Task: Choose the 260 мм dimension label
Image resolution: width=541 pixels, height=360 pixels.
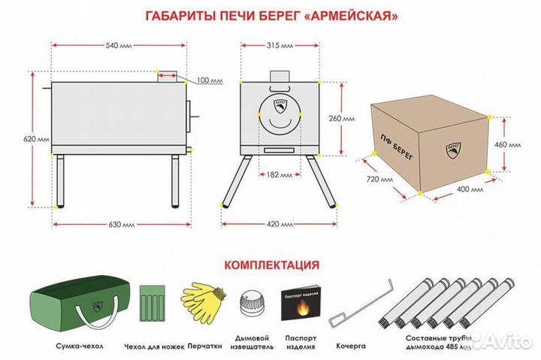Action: [x=353, y=119]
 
